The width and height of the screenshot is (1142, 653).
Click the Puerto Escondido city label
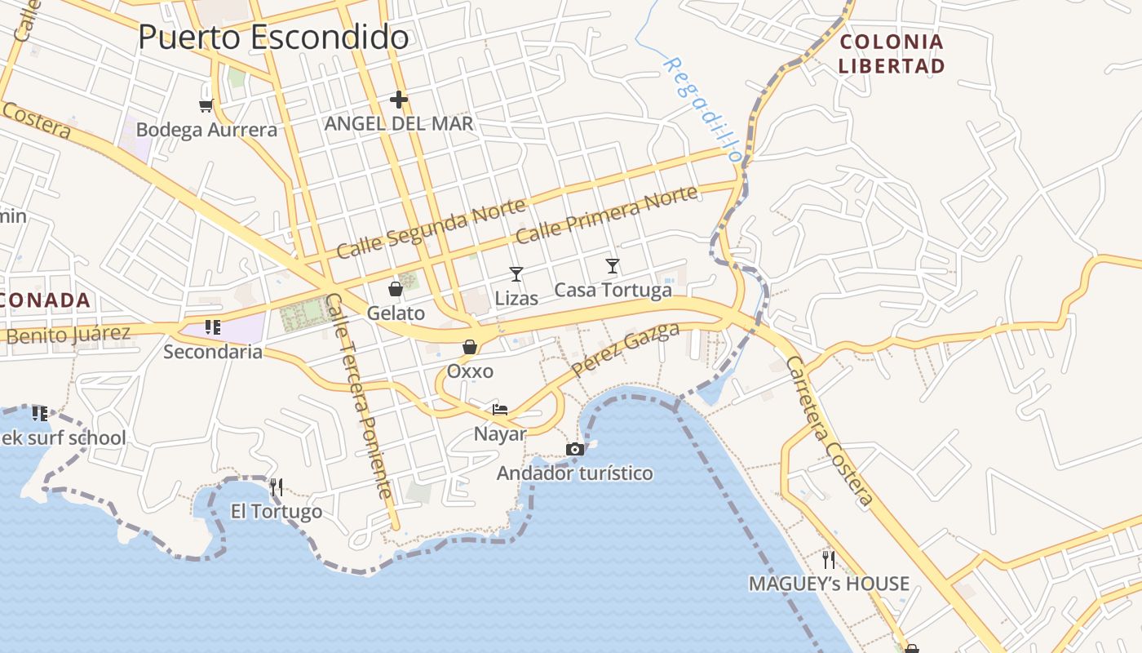coord(273,38)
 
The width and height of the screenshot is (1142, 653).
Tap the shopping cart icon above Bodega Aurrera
coord(206,105)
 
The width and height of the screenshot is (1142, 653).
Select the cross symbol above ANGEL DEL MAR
coord(398,100)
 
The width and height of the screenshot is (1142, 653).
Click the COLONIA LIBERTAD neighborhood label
coord(892,54)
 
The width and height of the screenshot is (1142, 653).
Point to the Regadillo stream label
coord(702,108)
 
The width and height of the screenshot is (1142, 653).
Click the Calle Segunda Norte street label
coord(431,229)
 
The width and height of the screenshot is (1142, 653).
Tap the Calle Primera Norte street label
coord(607,214)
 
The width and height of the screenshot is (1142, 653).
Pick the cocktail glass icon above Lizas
coord(516,273)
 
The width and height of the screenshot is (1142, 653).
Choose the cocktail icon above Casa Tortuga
coord(613,265)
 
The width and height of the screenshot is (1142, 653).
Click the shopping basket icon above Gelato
coord(396,289)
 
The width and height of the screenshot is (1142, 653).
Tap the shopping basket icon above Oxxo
coord(470,348)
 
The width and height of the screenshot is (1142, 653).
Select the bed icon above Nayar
coord(500,409)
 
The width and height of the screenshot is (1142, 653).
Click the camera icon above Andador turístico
coord(575,449)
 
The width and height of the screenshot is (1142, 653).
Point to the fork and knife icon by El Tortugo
coord(277,487)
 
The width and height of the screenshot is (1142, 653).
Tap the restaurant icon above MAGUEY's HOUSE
coord(829,559)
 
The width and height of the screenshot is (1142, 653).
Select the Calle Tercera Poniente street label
coord(359,395)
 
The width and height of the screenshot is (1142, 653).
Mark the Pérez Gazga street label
coord(626,349)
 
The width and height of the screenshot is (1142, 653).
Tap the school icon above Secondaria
coord(213,327)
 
